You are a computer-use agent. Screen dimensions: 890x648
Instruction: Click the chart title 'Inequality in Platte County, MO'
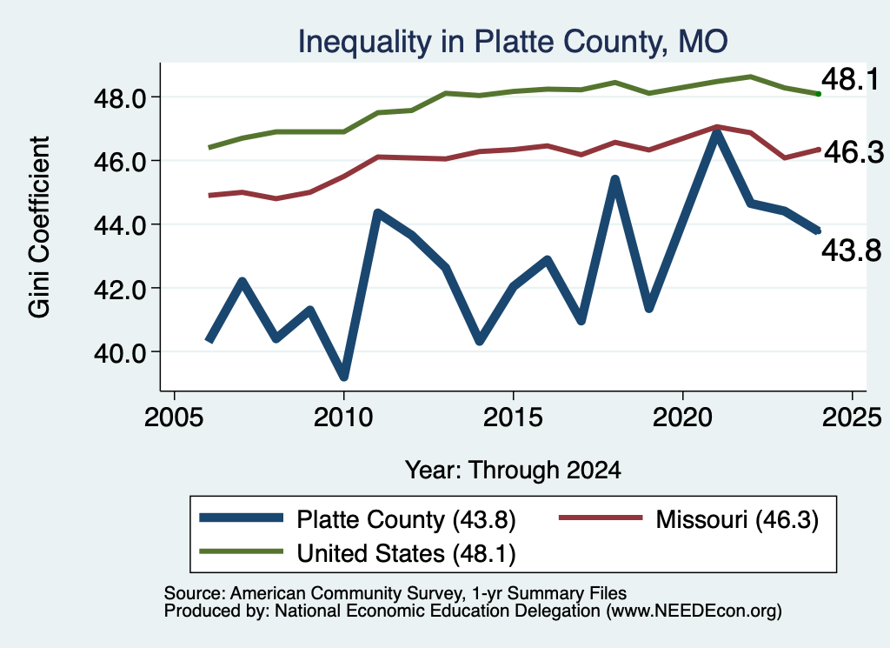pos(513,42)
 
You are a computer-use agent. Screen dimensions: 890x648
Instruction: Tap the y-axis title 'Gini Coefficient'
pos(39,227)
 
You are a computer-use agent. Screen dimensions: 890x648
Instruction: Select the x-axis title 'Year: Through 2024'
pos(513,471)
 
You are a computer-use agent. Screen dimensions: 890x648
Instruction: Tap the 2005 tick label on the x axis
pos(174,418)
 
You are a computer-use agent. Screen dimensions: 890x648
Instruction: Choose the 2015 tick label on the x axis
pos(513,418)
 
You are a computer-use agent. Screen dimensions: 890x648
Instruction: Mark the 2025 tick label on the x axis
pos(852,418)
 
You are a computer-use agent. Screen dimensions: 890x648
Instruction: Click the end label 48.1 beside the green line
pos(850,79)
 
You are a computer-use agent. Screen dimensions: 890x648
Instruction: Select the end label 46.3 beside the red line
pos(853,152)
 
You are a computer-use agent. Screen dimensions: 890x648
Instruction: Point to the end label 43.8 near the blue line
pos(852,251)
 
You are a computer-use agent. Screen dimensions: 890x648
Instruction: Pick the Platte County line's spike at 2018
pos(614,180)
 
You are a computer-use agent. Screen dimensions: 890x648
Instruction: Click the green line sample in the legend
pos(242,551)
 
